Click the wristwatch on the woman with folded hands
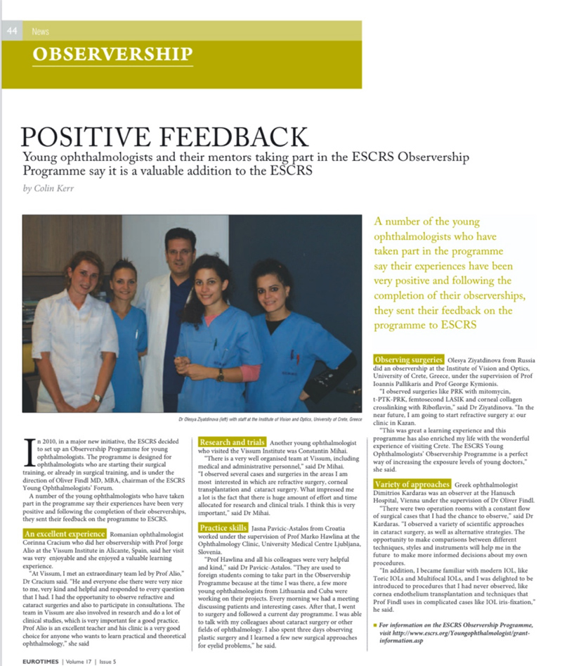coord(221,374)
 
